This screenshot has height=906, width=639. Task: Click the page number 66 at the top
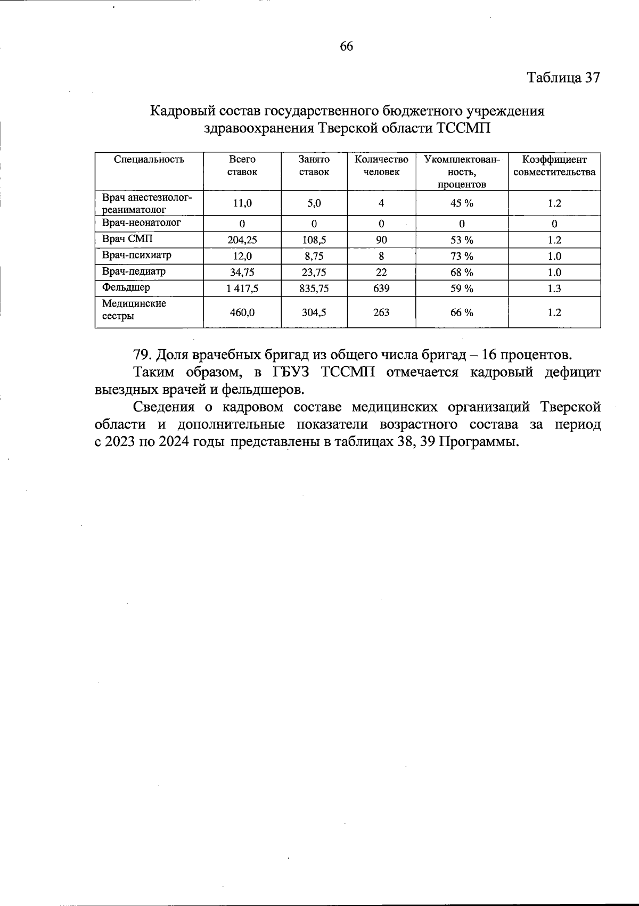coord(346,46)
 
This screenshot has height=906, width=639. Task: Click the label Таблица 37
coord(563,78)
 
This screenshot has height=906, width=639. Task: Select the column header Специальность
coord(149,159)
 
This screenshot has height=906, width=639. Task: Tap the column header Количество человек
coord(381,166)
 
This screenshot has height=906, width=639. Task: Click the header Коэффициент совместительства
coord(554,166)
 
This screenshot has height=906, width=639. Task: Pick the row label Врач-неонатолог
coord(142,223)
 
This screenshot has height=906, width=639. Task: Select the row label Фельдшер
coord(126,287)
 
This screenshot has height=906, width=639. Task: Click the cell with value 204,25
coord(242,240)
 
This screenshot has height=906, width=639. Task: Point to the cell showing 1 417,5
coord(242,289)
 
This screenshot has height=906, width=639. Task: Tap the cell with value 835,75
coord(314,289)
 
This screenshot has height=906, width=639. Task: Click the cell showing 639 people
coord(381,289)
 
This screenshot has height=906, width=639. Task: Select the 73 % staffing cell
coord(462,256)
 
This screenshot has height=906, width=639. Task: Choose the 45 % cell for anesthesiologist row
coord(462,203)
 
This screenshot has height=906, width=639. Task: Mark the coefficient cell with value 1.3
coord(554,289)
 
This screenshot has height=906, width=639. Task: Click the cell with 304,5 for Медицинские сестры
coord(314,312)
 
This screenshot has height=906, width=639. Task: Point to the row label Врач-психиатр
coord(137,255)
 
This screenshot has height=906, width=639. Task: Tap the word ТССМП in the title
coord(462,129)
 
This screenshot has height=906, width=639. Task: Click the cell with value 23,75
coord(314,273)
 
